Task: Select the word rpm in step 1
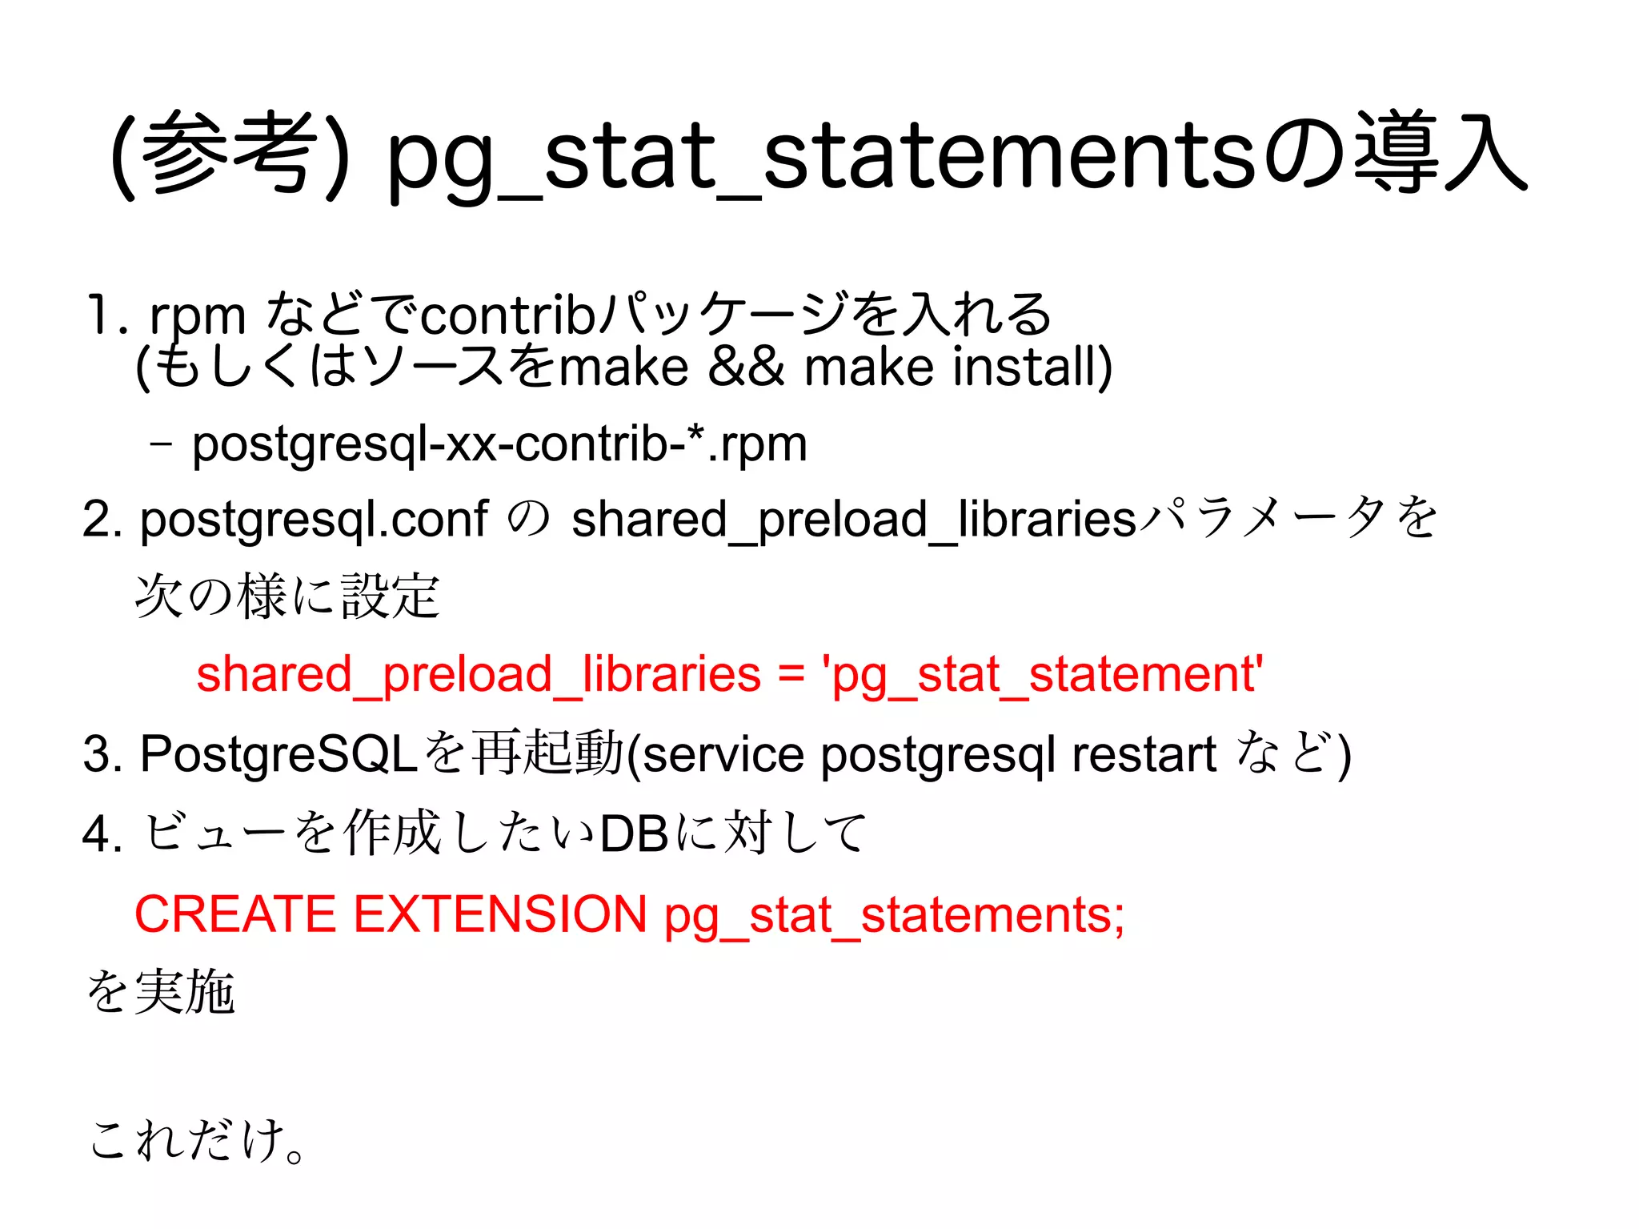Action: click(198, 316)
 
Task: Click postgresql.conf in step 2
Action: click(314, 519)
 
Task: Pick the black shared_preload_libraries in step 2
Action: click(854, 519)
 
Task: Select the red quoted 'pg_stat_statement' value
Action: click(1043, 674)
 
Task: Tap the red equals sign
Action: click(791, 674)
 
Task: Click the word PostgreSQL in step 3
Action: click(279, 753)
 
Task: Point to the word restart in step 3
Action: click(1144, 753)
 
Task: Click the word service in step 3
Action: click(723, 753)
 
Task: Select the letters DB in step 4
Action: click(634, 833)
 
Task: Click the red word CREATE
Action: click(235, 914)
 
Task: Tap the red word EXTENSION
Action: click(499, 914)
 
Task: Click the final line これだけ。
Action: click(197, 1139)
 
